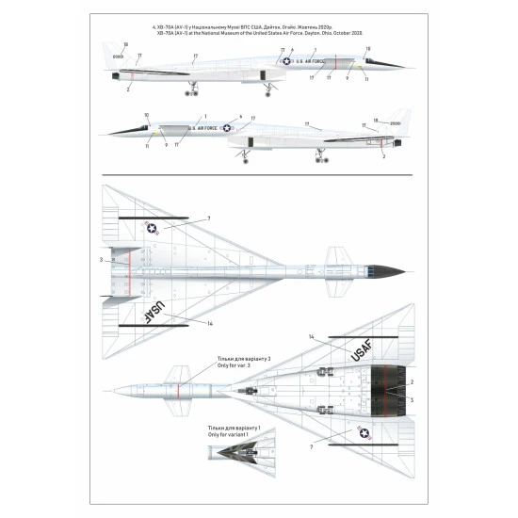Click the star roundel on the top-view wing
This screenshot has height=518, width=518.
tap(153, 227)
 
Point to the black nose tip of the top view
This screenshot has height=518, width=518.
tap(398, 271)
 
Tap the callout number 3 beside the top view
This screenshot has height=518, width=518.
tap(101, 259)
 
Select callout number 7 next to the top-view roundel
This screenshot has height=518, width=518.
tap(209, 219)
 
